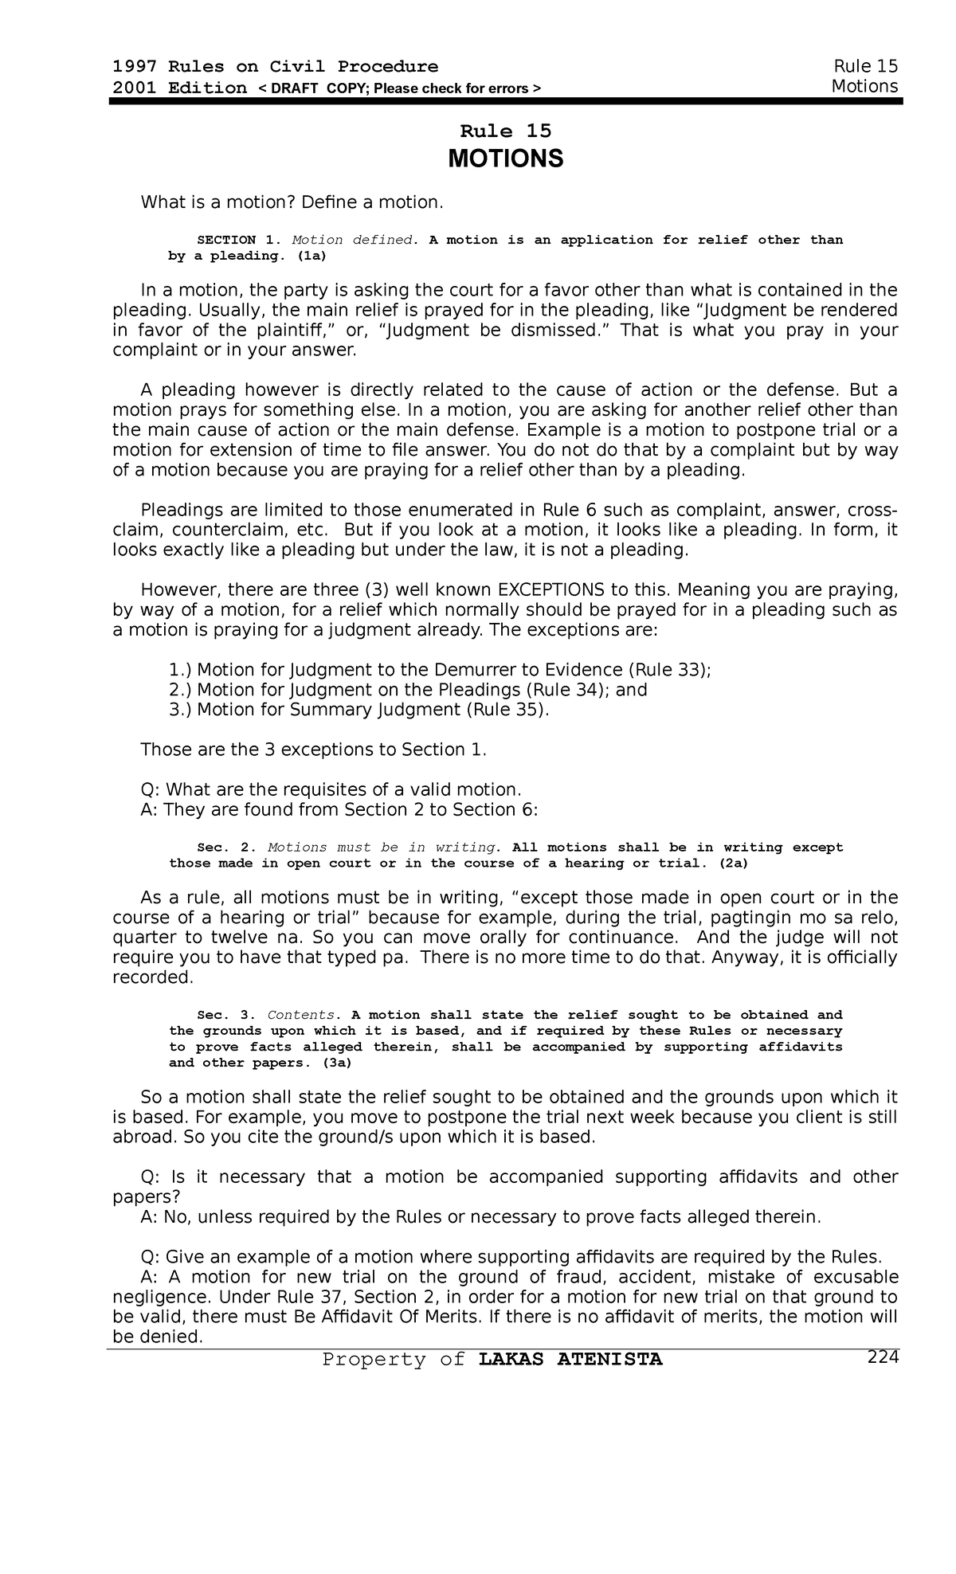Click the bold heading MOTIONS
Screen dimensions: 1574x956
pyautogui.click(x=505, y=159)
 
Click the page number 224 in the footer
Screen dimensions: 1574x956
pyautogui.click(x=883, y=1358)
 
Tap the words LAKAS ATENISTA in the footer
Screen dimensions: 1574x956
pyautogui.click(x=570, y=1360)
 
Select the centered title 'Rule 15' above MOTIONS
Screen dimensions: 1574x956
pyautogui.click(x=506, y=131)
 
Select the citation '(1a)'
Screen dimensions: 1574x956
pyautogui.click(x=311, y=256)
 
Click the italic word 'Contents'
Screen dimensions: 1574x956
pyautogui.click(x=302, y=1015)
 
